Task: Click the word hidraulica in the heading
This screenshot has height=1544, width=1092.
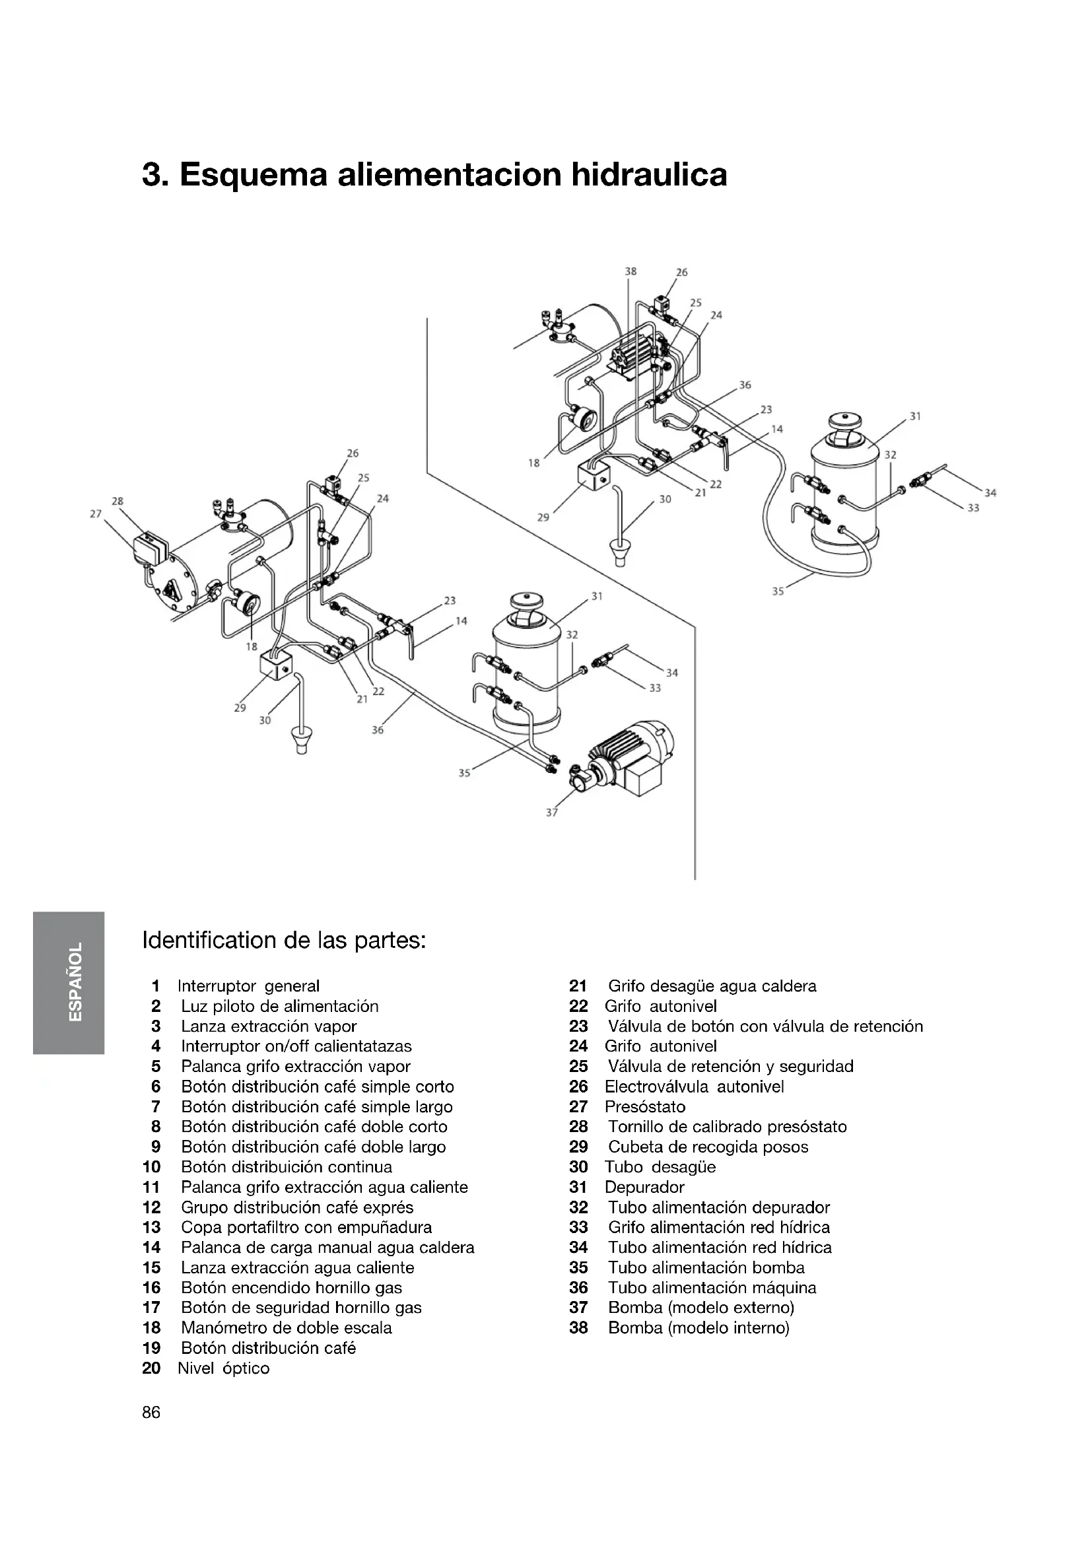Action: click(x=649, y=174)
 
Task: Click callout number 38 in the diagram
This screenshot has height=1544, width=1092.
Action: click(x=630, y=272)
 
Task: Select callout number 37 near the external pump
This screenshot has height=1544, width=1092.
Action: click(x=551, y=813)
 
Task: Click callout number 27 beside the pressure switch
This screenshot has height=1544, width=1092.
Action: click(x=96, y=514)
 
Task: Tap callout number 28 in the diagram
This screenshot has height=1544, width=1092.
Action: click(x=118, y=501)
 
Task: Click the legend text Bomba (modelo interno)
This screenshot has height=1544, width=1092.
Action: click(x=699, y=1327)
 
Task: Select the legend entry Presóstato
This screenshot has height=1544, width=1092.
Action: click(x=645, y=1106)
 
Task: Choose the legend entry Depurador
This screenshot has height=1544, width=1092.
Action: click(x=644, y=1187)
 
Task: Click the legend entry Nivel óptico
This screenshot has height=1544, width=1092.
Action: click(x=223, y=1368)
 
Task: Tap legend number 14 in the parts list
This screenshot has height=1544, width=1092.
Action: click(x=151, y=1248)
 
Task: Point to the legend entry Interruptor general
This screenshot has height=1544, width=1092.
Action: click(x=248, y=986)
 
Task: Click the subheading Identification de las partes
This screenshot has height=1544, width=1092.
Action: click(x=285, y=939)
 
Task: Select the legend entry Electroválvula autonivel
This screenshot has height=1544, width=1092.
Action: click(x=694, y=1086)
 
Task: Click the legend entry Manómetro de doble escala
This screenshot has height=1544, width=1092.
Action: click(x=287, y=1327)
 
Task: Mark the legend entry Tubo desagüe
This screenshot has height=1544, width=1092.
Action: click(x=660, y=1166)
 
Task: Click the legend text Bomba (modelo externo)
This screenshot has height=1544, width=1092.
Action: click(x=701, y=1307)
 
